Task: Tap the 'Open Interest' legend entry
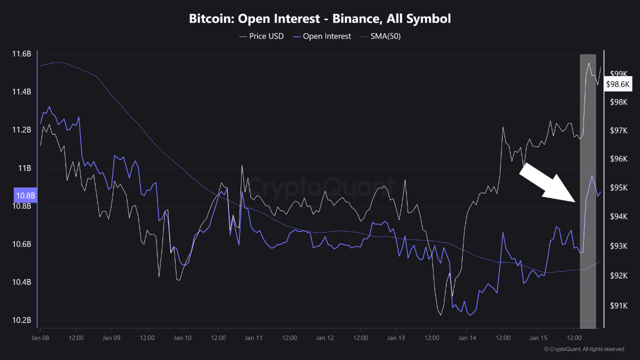pos(322,36)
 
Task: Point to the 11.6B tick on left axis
pos(21,53)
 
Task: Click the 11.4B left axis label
pos(21,92)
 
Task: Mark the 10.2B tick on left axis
pos(21,320)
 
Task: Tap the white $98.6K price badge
pos(617,84)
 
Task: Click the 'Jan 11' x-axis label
pos(253,337)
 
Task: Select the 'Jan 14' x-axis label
pos(467,337)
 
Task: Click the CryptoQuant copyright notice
pos(584,349)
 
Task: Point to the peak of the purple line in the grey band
pos(592,176)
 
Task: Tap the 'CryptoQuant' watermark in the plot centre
pos(320,188)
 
